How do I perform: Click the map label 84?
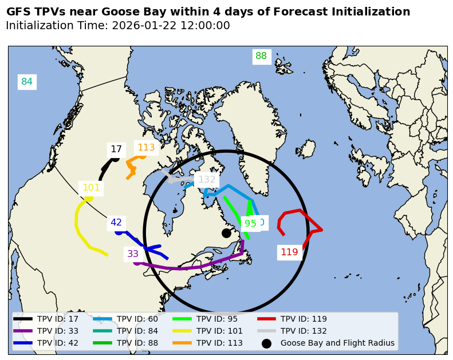pyautogui.click(x=27, y=82)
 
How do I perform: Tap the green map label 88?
pyautogui.click(x=261, y=56)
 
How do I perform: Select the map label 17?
pyautogui.click(x=116, y=149)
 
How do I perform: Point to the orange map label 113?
pyautogui.click(x=146, y=148)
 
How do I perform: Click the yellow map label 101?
pyautogui.click(x=91, y=188)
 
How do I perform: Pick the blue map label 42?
pyautogui.click(x=116, y=223)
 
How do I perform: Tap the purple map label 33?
pyautogui.click(x=133, y=254)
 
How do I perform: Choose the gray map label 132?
pyautogui.click(x=207, y=180)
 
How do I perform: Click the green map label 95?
pyautogui.click(x=250, y=224)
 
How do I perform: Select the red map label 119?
pyautogui.click(x=289, y=252)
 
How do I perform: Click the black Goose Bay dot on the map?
pyautogui.click(x=226, y=233)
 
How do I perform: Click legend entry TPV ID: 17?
pyautogui.click(x=57, y=319)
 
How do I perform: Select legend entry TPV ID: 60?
pyautogui.click(x=137, y=319)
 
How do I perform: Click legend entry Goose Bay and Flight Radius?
pyautogui.click(x=337, y=343)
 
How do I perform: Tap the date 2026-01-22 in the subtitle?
pyautogui.click(x=142, y=26)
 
